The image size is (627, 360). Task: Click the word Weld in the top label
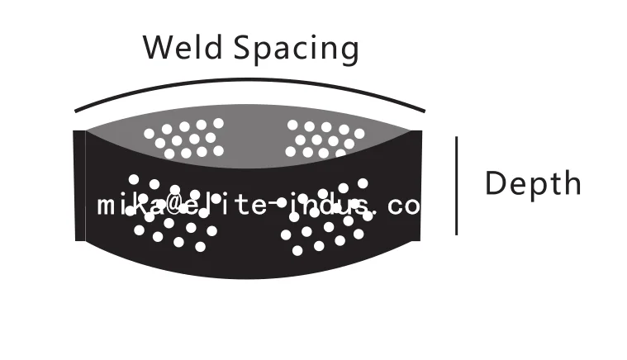click(x=183, y=47)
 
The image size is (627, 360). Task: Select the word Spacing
click(x=295, y=49)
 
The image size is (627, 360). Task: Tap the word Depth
click(x=533, y=184)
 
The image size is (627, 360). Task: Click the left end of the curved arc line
click(x=76, y=111)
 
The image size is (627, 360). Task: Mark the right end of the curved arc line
click(x=425, y=111)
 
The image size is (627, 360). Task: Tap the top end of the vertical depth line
click(x=457, y=139)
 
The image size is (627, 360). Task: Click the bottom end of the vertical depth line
click(x=457, y=234)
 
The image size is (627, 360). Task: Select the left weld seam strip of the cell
click(x=80, y=186)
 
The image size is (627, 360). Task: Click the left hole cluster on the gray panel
click(x=183, y=138)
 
